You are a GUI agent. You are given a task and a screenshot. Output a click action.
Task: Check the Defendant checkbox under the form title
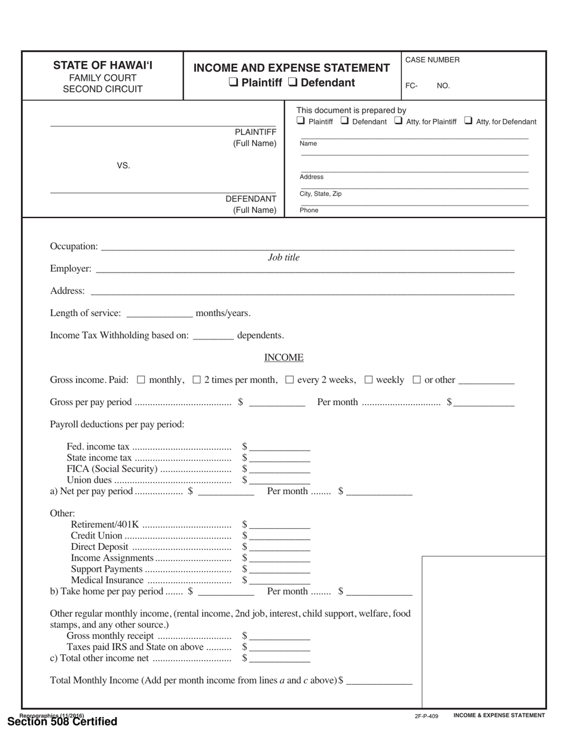[293, 83]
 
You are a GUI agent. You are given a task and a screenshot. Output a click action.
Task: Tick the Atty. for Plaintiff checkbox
[399, 121]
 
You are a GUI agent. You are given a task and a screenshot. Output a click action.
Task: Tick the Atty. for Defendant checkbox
[468, 121]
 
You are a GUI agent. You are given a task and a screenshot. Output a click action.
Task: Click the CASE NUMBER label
[432, 60]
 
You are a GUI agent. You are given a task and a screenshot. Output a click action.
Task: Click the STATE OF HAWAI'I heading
[103, 65]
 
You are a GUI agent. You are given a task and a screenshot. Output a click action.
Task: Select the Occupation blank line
[307, 246]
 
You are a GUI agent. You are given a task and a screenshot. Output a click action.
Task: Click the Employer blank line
[304, 269]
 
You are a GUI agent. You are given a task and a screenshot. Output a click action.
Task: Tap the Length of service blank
[160, 314]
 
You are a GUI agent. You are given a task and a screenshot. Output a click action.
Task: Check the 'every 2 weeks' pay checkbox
[290, 379]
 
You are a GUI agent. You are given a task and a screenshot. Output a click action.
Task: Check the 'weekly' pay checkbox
[368, 379]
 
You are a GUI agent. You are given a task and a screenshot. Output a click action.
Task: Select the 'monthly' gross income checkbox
[141, 379]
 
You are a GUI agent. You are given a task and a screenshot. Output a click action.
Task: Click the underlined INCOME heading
[283, 358]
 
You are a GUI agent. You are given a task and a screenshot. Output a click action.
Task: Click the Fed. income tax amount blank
[280, 447]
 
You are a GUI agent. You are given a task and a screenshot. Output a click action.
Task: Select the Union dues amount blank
[280, 480]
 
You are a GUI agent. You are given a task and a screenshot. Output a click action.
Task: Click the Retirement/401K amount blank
[280, 525]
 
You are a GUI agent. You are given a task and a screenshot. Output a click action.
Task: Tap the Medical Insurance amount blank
[280, 580]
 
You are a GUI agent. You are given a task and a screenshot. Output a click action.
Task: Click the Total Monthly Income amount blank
[379, 681]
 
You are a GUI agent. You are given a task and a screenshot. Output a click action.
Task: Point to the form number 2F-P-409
[426, 716]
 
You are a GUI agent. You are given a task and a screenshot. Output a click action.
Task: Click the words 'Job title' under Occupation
[283, 258]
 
